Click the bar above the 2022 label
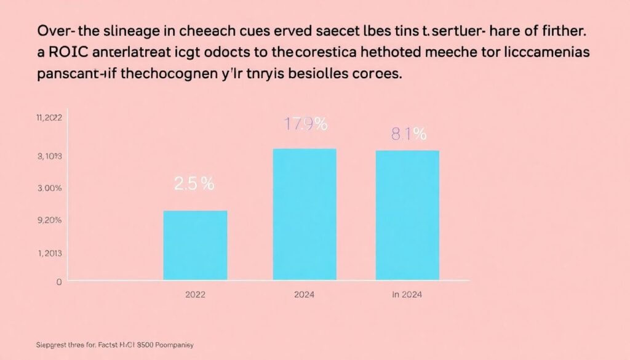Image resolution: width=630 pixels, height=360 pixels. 195,245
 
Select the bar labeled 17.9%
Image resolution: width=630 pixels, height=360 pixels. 305,214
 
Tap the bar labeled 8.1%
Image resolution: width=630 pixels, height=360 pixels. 407,215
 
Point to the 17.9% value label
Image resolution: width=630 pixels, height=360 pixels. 305,124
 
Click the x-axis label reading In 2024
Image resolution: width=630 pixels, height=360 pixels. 406,295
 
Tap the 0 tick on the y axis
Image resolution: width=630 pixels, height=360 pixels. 59,282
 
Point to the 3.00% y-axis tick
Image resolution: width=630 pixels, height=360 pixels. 50,188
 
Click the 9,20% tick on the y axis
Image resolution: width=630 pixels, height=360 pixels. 50,220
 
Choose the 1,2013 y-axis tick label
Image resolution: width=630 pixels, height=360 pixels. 50,253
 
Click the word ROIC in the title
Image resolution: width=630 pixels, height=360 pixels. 68,53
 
